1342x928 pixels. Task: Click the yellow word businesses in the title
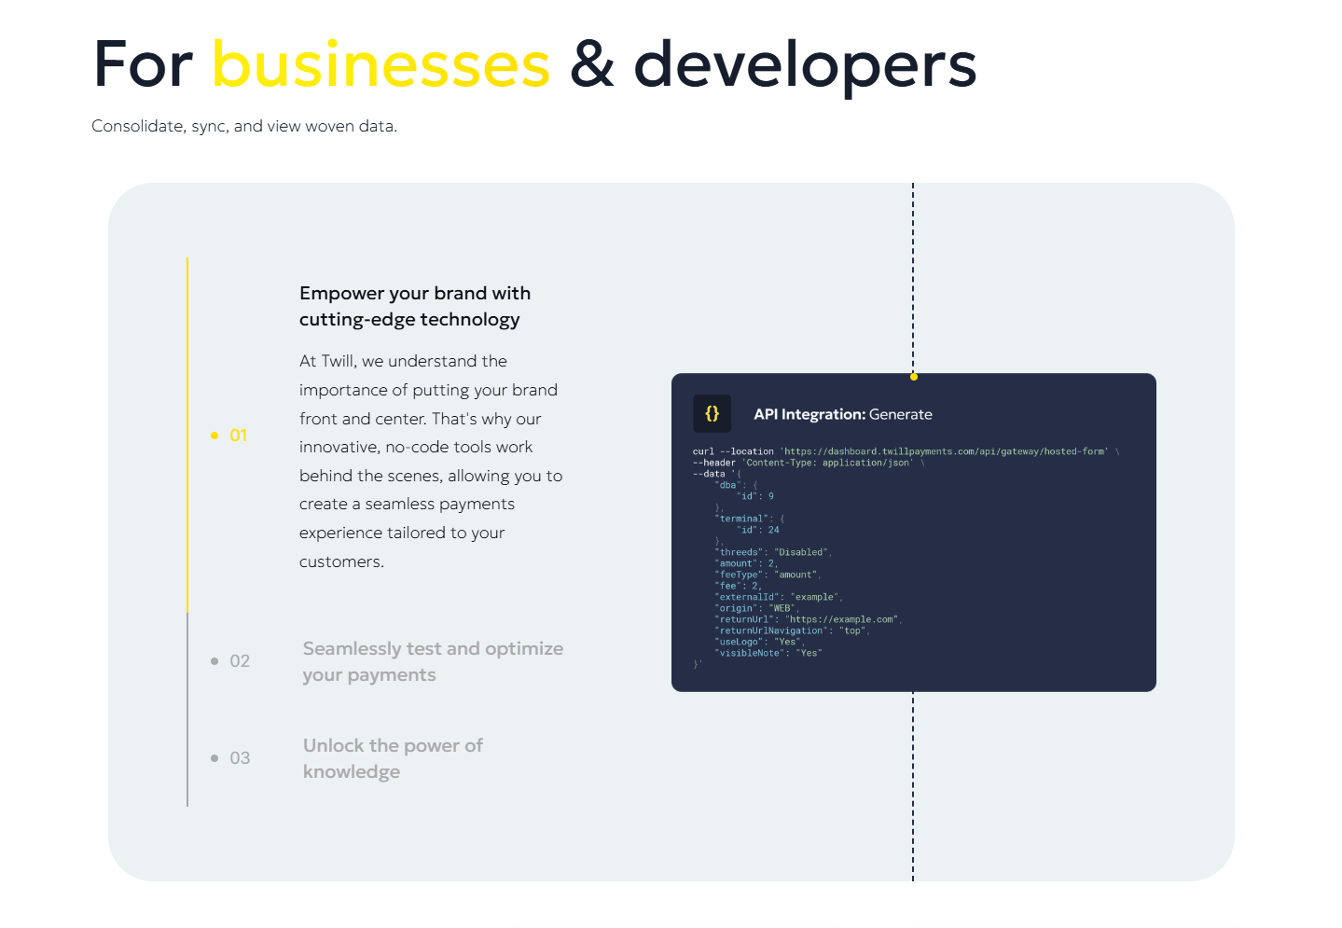coord(381,64)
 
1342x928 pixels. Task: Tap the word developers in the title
coord(805,66)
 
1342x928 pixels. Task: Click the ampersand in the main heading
coord(591,64)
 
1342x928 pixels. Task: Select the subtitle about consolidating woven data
coord(243,126)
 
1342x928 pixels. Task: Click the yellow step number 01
coord(239,435)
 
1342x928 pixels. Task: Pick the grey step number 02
coord(240,661)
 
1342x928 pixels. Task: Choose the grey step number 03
coord(240,758)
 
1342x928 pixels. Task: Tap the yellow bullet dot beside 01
coord(214,436)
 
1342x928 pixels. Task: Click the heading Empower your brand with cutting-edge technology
coord(415,306)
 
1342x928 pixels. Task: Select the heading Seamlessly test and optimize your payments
coord(433,661)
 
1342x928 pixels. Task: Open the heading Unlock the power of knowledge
coord(393,758)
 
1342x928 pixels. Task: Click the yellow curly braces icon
coord(712,413)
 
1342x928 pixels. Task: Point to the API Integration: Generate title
coord(842,414)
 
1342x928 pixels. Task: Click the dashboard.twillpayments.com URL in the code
coord(944,451)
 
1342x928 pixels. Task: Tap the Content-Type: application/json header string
coord(827,463)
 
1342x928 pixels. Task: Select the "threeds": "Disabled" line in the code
coord(771,552)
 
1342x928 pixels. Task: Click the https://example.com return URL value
coord(842,619)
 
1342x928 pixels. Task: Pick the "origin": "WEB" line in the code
coord(754,608)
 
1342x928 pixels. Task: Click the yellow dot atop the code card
coord(914,377)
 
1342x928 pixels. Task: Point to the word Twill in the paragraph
coord(339,361)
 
